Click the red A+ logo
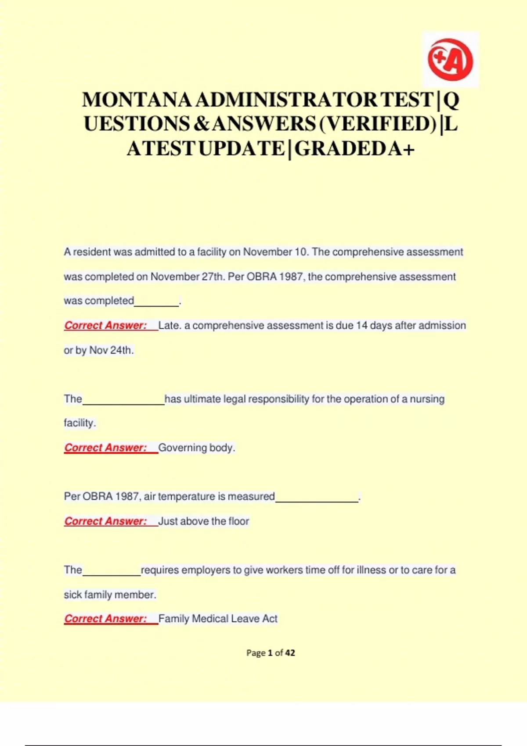coord(450,60)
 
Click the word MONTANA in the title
coord(137,100)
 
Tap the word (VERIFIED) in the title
coord(378,124)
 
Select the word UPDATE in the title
coord(242,148)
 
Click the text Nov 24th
coord(111,350)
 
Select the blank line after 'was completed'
coord(156,302)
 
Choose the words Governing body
coord(196,448)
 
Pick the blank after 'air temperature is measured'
coord(317,498)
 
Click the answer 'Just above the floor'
coord(203,521)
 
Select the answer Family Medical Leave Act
coord(218,619)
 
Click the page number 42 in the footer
coord(290,653)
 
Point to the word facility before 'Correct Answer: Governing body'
coord(79,423)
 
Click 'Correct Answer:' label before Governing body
coord(105,448)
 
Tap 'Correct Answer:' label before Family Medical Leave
coord(105,619)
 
